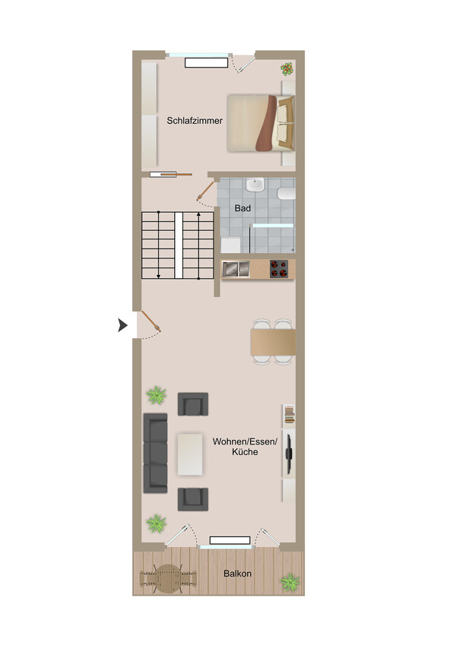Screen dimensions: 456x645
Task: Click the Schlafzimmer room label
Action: coord(195,121)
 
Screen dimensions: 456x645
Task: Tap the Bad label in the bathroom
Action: coord(242,208)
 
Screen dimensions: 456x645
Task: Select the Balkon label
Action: coord(237,574)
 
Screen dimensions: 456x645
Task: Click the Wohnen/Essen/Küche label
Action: coord(245,447)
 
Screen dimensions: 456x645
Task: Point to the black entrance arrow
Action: coord(122,325)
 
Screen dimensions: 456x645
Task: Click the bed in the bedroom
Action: coord(261,123)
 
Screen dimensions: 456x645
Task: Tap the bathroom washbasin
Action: coord(255,185)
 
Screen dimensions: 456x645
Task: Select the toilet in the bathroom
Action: coord(287,193)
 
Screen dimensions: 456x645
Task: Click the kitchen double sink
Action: coord(236,269)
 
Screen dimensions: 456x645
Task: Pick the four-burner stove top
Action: coord(279,269)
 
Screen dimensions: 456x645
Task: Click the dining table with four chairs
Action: coord(274,341)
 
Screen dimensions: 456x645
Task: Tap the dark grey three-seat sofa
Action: coord(155,454)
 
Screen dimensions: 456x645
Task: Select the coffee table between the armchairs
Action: coord(190,454)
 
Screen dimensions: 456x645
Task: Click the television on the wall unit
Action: coord(289,454)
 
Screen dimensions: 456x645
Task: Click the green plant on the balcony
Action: coord(290,583)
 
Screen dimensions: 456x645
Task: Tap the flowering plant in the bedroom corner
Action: coord(287,68)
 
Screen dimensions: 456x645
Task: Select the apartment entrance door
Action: coord(151,321)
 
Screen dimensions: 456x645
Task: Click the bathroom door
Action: coord(206,191)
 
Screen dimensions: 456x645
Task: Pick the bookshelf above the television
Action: coord(290,415)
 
